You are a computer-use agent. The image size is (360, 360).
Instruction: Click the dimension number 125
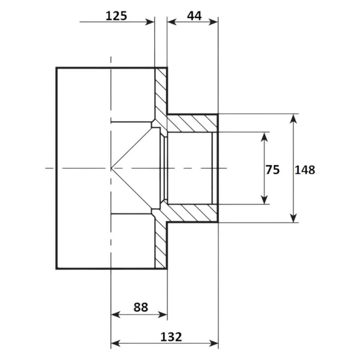pyautogui.click(x=116, y=16)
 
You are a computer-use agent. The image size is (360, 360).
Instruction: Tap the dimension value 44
pyautogui.click(x=194, y=16)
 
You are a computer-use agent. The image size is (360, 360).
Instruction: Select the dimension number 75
pyautogui.click(x=272, y=170)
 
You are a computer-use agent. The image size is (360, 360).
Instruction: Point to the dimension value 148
pyautogui.click(x=305, y=170)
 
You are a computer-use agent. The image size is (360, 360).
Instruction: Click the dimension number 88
pyautogui.click(x=141, y=307)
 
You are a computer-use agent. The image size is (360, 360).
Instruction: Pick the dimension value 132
pyautogui.click(x=171, y=337)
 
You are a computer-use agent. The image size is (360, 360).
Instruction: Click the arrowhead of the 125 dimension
pyautogui.click(x=150, y=22)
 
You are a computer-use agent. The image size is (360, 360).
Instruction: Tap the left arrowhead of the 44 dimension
pyautogui.click(x=172, y=22)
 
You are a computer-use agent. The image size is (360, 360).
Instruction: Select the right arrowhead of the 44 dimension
pyautogui.click(x=213, y=22)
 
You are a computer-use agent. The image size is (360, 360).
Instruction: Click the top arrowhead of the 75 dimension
pyautogui.click(x=265, y=137)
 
